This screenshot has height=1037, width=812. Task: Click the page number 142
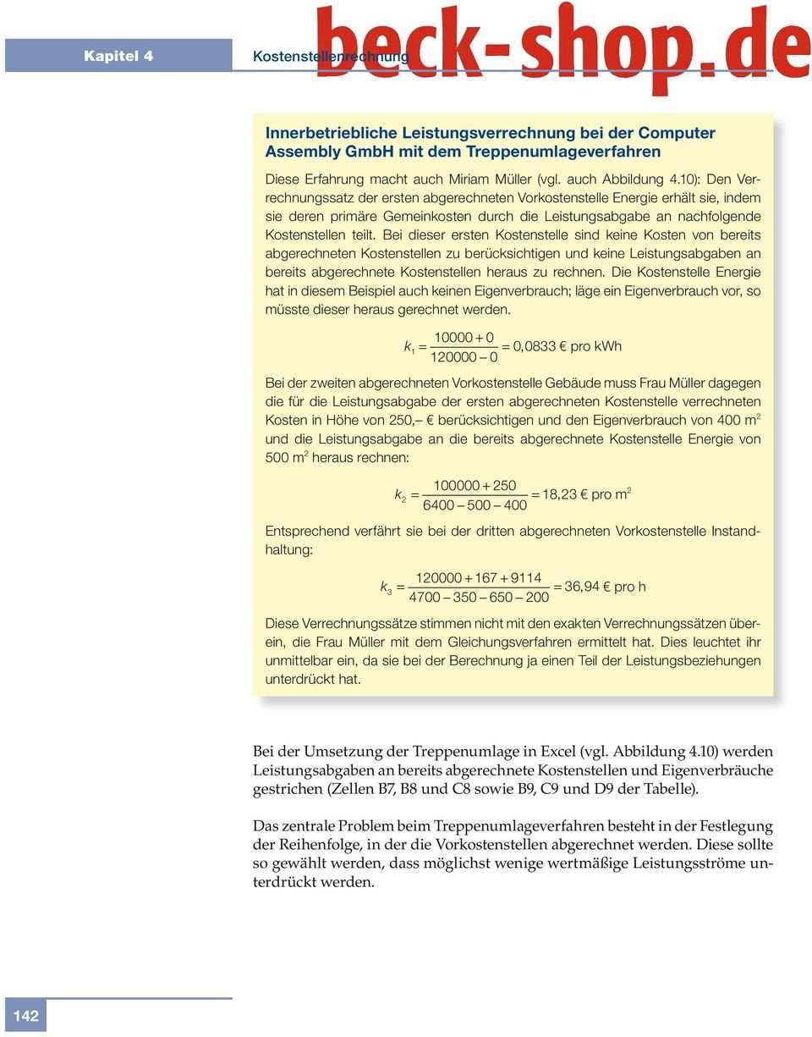(x=25, y=1016)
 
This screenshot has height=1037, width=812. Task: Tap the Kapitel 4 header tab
(x=118, y=57)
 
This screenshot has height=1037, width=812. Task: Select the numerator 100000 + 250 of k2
(x=474, y=485)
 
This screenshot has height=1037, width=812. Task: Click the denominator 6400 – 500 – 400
(x=474, y=505)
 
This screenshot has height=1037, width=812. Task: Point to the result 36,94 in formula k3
(x=583, y=587)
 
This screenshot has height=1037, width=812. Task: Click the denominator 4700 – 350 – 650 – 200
(x=479, y=598)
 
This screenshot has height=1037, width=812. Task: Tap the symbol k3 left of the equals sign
(x=386, y=587)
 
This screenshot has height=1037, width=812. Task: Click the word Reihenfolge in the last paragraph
(x=295, y=845)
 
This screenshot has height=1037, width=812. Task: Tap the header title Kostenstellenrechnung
(x=330, y=57)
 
